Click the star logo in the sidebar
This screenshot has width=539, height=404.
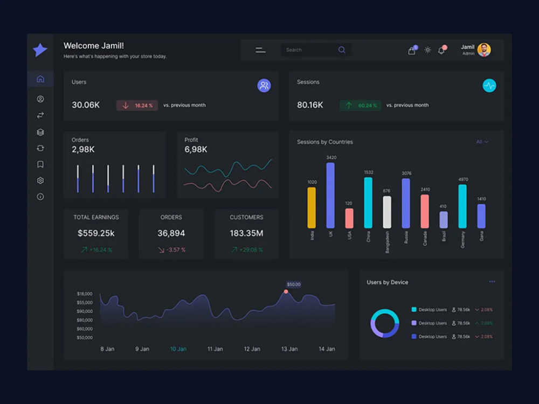pyautogui.click(x=40, y=50)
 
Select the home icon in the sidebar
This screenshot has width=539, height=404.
pyautogui.click(x=40, y=79)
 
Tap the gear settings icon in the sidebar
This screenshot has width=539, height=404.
pyautogui.click(x=40, y=181)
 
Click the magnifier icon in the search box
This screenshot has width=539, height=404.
pyautogui.click(x=342, y=50)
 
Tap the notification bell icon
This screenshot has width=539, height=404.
pyautogui.click(x=441, y=51)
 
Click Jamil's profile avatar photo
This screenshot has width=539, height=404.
pyautogui.click(x=484, y=50)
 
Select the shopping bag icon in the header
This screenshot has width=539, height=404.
pyautogui.click(x=412, y=51)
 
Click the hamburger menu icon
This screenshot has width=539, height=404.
pyautogui.click(x=260, y=50)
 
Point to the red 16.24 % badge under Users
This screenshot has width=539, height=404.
pyautogui.click(x=137, y=106)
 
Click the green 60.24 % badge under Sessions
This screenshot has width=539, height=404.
pyautogui.click(x=360, y=106)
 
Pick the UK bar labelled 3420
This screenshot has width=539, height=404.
pyautogui.click(x=330, y=196)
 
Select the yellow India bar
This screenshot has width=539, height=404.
pyautogui.click(x=312, y=207)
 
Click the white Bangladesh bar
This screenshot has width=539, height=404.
pyautogui.click(x=387, y=212)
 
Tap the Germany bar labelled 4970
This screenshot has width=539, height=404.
pyautogui.click(x=462, y=206)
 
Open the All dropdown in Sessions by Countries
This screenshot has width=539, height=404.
pyautogui.click(x=482, y=142)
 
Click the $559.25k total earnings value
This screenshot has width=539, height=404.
pyautogui.click(x=96, y=233)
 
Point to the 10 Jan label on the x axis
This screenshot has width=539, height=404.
pyautogui.click(x=178, y=349)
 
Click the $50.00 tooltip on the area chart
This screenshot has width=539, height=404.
pyautogui.click(x=294, y=284)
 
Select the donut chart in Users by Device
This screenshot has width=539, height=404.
pyautogui.click(x=385, y=323)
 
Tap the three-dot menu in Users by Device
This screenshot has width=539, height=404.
pyautogui.click(x=492, y=282)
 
